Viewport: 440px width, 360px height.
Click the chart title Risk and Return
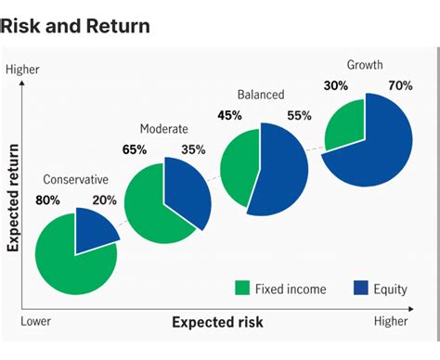coord(75,26)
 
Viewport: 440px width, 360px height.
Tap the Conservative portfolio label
coord(76,179)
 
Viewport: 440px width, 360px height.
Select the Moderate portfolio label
coord(164,128)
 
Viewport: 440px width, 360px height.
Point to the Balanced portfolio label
coord(261,95)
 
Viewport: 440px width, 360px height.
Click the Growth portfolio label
coord(365,65)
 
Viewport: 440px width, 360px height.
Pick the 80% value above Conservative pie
coord(47,199)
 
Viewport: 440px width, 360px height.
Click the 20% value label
coord(105,199)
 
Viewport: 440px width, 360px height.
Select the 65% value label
coord(134,148)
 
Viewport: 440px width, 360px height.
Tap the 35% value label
coord(194,148)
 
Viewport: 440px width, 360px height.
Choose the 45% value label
coord(229,116)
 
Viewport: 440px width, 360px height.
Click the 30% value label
coord(335,86)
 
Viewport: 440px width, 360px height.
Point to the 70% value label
coord(401,86)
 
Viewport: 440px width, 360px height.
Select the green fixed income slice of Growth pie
coord(345,125)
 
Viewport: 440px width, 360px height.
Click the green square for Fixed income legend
coord(243,289)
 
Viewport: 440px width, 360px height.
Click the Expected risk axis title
coord(217,322)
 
